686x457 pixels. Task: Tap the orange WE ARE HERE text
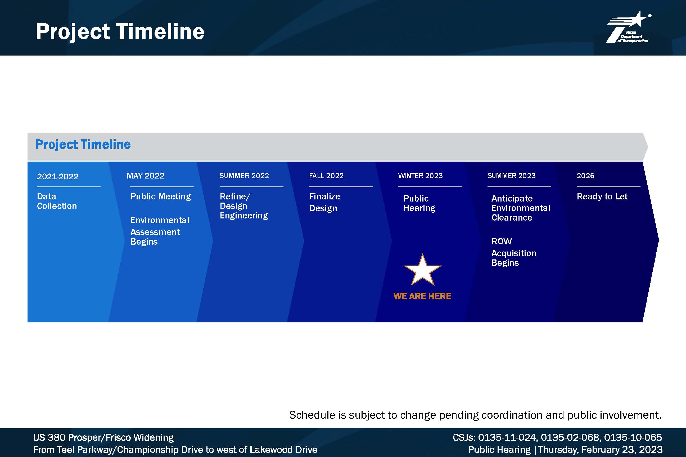click(422, 296)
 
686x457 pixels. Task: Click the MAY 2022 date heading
click(146, 176)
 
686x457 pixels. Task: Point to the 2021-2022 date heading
click(58, 176)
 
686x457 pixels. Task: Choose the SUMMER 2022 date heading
click(244, 176)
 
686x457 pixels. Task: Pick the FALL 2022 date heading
click(326, 176)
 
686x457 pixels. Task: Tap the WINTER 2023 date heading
click(420, 176)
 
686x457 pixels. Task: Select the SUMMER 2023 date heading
click(512, 176)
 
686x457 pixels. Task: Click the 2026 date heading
click(585, 176)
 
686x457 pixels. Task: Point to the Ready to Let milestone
click(602, 196)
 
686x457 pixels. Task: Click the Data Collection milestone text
click(57, 201)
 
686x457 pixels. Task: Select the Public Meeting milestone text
click(161, 197)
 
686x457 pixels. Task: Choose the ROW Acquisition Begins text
click(514, 252)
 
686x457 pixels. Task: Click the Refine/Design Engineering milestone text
click(244, 206)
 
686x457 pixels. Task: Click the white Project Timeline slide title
click(120, 32)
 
